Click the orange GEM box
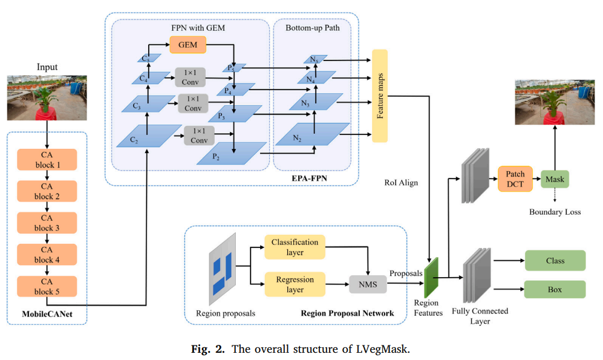(187, 45)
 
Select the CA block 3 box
(47, 223)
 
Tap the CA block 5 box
(47, 286)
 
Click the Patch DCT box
(515, 179)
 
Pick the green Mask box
(555, 179)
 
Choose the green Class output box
(555, 260)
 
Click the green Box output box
(555, 289)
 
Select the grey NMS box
(368, 284)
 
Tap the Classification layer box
(295, 247)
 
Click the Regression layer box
(295, 284)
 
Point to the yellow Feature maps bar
(380, 96)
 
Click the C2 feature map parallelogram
(149, 136)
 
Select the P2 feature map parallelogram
(231, 153)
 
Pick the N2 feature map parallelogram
(312, 134)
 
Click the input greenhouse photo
(47, 97)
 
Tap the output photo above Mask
(555, 102)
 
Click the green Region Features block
(431, 278)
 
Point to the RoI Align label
(401, 183)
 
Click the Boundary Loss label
(555, 212)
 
